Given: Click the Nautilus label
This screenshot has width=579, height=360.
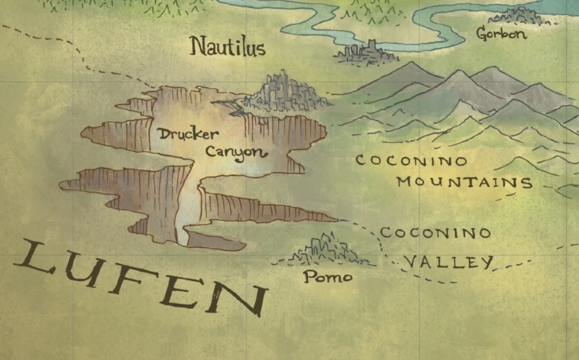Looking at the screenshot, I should coord(228,47).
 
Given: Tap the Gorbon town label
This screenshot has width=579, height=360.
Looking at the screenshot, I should coord(502,34).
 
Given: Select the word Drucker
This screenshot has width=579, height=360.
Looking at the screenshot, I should coord(181,135).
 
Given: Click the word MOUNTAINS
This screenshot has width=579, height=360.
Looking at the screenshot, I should coord(465,183).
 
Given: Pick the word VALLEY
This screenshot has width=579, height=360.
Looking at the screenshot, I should coord(448,262).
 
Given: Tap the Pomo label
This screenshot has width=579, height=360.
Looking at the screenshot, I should coord(328,277).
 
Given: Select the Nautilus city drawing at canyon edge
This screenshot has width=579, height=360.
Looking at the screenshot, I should coord(287,93).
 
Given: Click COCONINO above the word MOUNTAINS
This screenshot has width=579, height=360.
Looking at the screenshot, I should coord(412,161).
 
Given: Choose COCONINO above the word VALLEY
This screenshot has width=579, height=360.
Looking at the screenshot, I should coord(435,233).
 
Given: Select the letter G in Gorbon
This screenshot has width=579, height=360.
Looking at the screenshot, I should coord(482,34).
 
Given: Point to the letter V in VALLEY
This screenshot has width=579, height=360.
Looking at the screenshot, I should coord(411,262).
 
